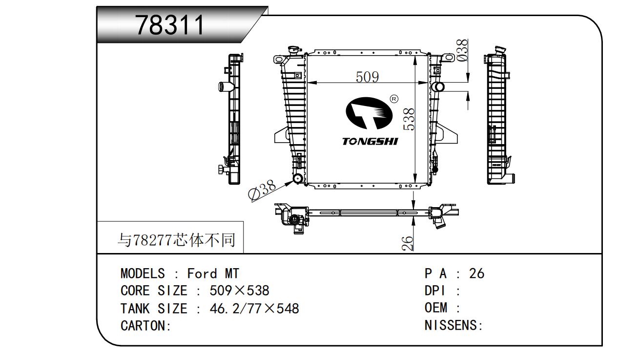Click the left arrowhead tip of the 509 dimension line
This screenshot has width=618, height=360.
308,83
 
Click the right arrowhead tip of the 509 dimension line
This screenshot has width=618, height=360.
427,83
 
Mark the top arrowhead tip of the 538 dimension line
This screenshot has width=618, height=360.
415,56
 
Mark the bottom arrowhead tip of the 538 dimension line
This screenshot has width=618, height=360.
415,183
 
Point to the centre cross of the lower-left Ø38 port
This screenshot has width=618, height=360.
298,179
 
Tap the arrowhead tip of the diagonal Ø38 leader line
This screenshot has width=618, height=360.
293,181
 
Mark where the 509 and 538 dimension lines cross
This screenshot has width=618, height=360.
415,83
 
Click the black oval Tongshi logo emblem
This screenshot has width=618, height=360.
369,113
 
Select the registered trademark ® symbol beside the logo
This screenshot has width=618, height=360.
394,99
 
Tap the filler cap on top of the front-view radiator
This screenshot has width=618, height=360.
294,51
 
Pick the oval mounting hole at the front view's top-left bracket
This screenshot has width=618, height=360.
279,60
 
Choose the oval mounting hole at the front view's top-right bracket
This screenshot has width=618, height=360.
450,58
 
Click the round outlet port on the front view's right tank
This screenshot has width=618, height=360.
438,87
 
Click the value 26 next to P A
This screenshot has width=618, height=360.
476,274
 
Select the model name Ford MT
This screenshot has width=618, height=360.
213,274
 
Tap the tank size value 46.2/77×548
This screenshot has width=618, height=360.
254,308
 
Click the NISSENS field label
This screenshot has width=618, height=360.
453,325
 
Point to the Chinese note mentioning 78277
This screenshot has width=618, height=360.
177,240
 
